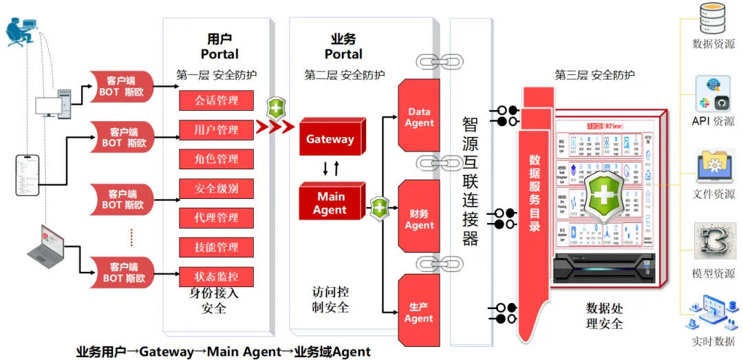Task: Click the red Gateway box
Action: coord(330,140)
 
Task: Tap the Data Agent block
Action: coord(419,117)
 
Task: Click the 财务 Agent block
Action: coord(419,220)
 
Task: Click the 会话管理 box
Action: coord(217,100)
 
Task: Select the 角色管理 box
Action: coord(217,159)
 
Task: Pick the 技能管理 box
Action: coord(217,247)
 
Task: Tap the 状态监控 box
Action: coord(217,277)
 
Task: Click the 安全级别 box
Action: coord(217,189)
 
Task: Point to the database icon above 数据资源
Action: coord(712,19)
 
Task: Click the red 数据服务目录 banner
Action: coord(535,193)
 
